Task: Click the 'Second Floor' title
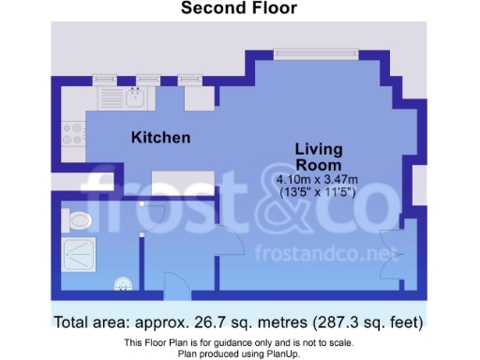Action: point(238,8)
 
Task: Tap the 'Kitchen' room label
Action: point(160,138)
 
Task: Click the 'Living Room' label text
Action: point(319,157)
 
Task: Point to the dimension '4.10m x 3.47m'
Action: point(319,179)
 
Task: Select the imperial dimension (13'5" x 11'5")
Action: point(319,192)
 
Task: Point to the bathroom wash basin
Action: point(122,281)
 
